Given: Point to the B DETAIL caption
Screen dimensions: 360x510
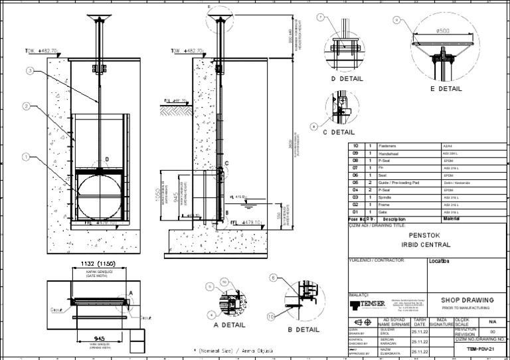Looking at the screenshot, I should tap(299, 329).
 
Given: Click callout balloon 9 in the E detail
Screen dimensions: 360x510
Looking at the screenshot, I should tap(396, 21).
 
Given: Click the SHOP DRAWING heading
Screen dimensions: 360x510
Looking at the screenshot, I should tap(464, 300).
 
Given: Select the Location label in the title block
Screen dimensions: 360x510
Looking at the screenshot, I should tap(440, 261).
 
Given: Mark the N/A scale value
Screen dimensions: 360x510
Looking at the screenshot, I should tap(492, 319).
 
